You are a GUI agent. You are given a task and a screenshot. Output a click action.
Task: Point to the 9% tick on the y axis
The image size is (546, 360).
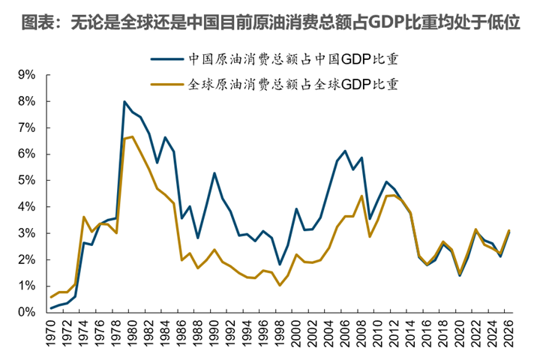(26, 75)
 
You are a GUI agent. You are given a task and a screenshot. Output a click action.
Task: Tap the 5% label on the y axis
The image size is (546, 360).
(26, 181)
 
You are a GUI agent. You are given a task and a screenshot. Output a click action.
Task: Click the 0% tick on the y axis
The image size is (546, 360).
(26, 313)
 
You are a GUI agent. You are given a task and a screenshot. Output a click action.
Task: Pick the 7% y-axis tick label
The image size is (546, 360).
(26, 128)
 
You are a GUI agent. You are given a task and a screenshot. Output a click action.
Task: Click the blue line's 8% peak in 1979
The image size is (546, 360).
(124, 101)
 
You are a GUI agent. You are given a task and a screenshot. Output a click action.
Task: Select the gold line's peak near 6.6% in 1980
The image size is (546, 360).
(133, 136)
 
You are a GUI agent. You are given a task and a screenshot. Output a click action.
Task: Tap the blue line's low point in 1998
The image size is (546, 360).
(280, 265)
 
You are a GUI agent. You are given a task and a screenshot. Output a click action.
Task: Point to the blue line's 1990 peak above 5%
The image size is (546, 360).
(214, 173)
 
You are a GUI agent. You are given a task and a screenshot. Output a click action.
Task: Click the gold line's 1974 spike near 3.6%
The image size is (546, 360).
(84, 217)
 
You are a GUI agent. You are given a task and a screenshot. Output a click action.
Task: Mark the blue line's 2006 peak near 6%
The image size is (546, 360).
(345, 151)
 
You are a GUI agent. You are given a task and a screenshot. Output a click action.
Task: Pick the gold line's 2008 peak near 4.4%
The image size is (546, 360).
(361, 196)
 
